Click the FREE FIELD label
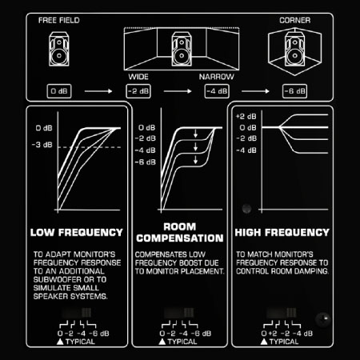(x=59, y=20)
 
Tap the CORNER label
(x=294, y=20)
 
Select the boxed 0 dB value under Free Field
(x=59, y=91)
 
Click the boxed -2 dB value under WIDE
(x=138, y=91)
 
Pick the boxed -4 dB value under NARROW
(x=217, y=91)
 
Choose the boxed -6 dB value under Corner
(x=294, y=91)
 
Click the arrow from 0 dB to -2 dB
(x=98, y=91)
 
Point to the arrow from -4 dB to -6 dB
(x=255, y=91)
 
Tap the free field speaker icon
(x=59, y=49)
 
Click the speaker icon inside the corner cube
(x=294, y=49)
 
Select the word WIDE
(x=138, y=77)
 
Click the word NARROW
(x=217, y=77)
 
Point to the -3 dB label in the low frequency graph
(x=42, y=145)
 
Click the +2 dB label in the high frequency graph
(x=246, y=116)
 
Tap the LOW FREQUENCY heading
(x=77, y=233)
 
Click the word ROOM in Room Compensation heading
(x=180, y=226)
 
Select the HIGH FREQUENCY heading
(x=282, y=233)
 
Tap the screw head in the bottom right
(x=323, y=318)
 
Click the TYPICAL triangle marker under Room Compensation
(x=162, y=342)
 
